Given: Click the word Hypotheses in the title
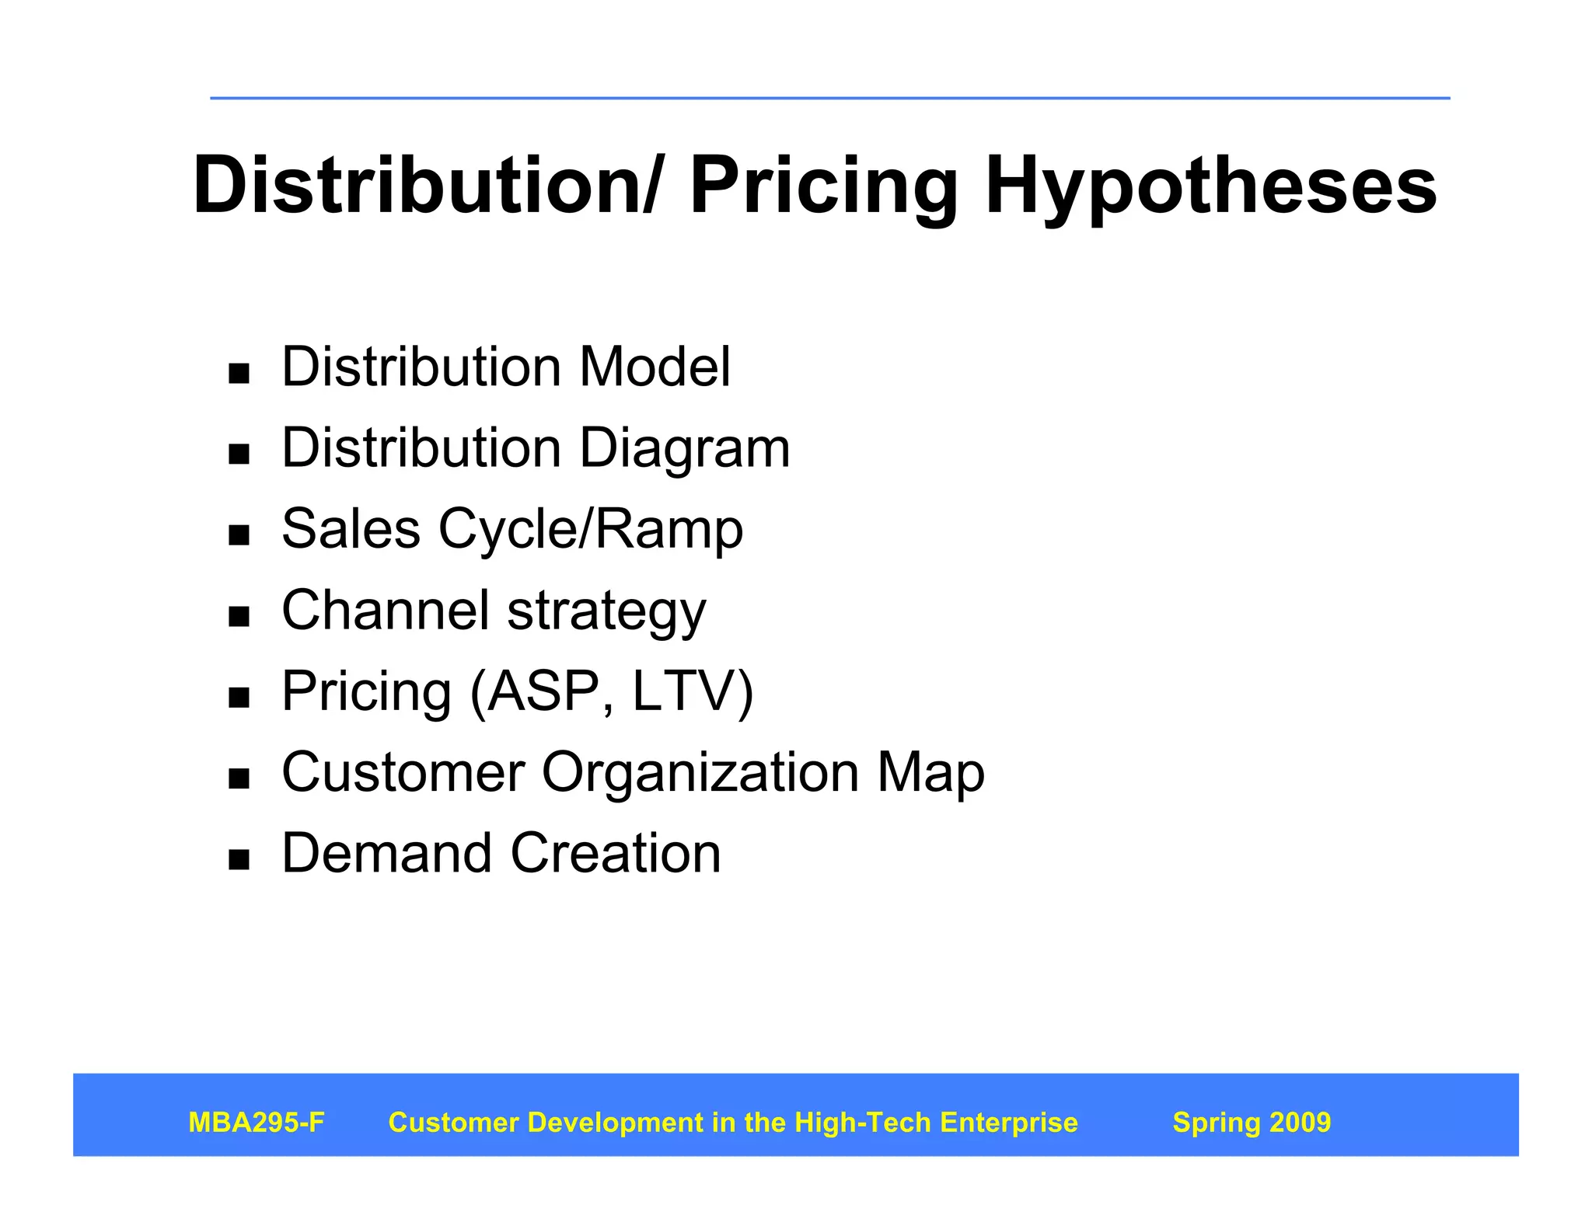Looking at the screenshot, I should pyautogui.click(x=1210, y=186).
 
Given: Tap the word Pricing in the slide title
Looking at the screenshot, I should pyautogui.click(x=823, y=186).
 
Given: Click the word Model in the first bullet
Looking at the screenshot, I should pyautogui.click(x=655, y=367).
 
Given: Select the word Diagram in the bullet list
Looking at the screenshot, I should pyautogui.click(x=685, y=448).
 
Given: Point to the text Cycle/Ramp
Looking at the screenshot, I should pyautogui.click(x=590, y=530).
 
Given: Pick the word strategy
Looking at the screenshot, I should pyautogui.click(x=606, y=612).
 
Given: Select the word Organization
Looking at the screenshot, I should pyautogui.click(x=700, y=773).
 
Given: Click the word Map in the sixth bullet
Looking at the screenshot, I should pyautogui.click(x=930, y=773).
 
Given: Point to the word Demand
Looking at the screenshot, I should pyautogui.click(x=386, y=853).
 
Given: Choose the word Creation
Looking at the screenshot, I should pyautogui.click(x=616, y=853).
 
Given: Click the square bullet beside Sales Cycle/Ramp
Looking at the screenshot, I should pyautogui.click(x=239, y=534).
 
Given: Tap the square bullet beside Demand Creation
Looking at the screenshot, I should pyautogui.click(x=239, y=858).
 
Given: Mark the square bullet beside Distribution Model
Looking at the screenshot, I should pyautogui.click(x=239, y=373).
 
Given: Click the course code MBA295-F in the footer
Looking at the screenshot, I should pyautogui.click(x=257, y=1123).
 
